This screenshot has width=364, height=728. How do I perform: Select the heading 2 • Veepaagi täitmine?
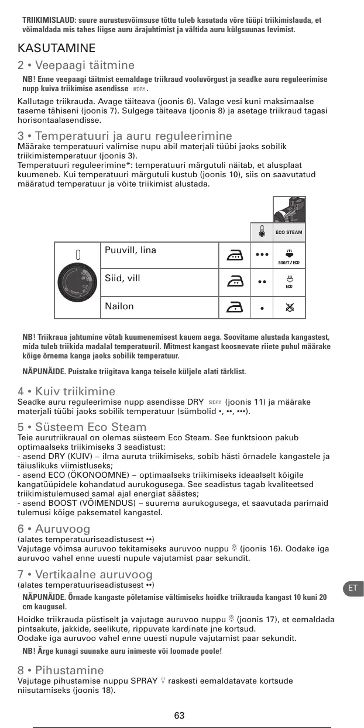(76, 65)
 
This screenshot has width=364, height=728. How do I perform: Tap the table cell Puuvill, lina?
(131, 251)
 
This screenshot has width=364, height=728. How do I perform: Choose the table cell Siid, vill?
(122, 278)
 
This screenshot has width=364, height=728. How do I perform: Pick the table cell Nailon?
(119, 306)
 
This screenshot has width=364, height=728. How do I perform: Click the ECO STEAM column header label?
(289, 233)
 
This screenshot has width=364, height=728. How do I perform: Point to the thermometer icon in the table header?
(261, 232)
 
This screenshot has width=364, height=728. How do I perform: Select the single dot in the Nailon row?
(261, 308)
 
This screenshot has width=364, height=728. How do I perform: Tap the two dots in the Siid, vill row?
(261, 282)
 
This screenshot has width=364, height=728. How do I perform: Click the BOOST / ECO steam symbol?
(289, 256)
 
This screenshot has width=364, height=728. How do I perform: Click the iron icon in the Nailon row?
(235, 306)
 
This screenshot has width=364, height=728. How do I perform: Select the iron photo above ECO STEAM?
(289, 209)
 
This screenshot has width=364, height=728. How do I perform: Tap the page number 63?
(179, 716)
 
